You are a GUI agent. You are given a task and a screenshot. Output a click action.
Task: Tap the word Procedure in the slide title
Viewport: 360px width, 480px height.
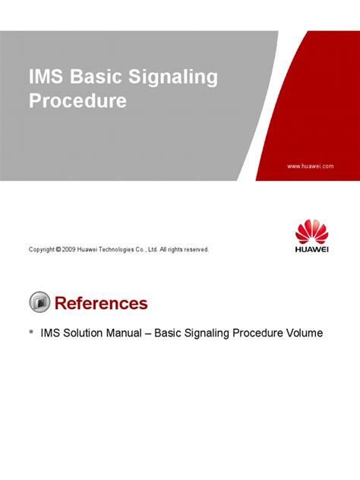[x=77, y=100]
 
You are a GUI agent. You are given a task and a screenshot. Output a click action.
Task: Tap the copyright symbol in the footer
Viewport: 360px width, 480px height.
[x=58, y=249]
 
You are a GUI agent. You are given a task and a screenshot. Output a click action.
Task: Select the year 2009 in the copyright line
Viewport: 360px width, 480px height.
[x=70, y=249]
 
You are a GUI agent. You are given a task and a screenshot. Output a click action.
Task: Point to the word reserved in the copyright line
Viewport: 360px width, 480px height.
[x=194, y=249]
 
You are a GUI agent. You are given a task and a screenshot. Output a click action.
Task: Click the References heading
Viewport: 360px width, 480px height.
[x=101, y=304]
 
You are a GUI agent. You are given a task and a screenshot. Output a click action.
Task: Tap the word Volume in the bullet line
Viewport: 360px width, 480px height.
[x=302, y=333]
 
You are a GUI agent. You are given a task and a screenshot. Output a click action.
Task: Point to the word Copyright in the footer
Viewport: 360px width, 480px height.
[x=41, y=249]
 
